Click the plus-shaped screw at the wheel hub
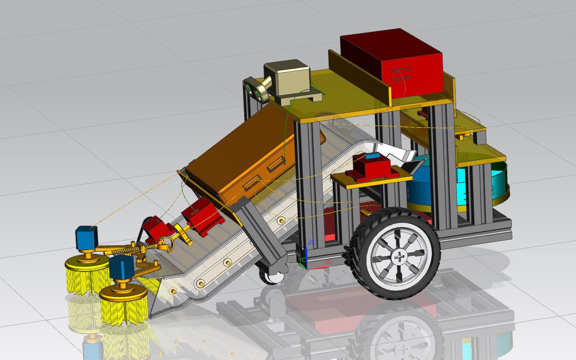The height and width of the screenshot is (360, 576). point(399,257)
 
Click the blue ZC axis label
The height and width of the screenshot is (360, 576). point(312,242)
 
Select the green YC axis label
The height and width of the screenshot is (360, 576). point(302,260)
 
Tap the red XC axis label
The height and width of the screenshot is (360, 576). point(328,262)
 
